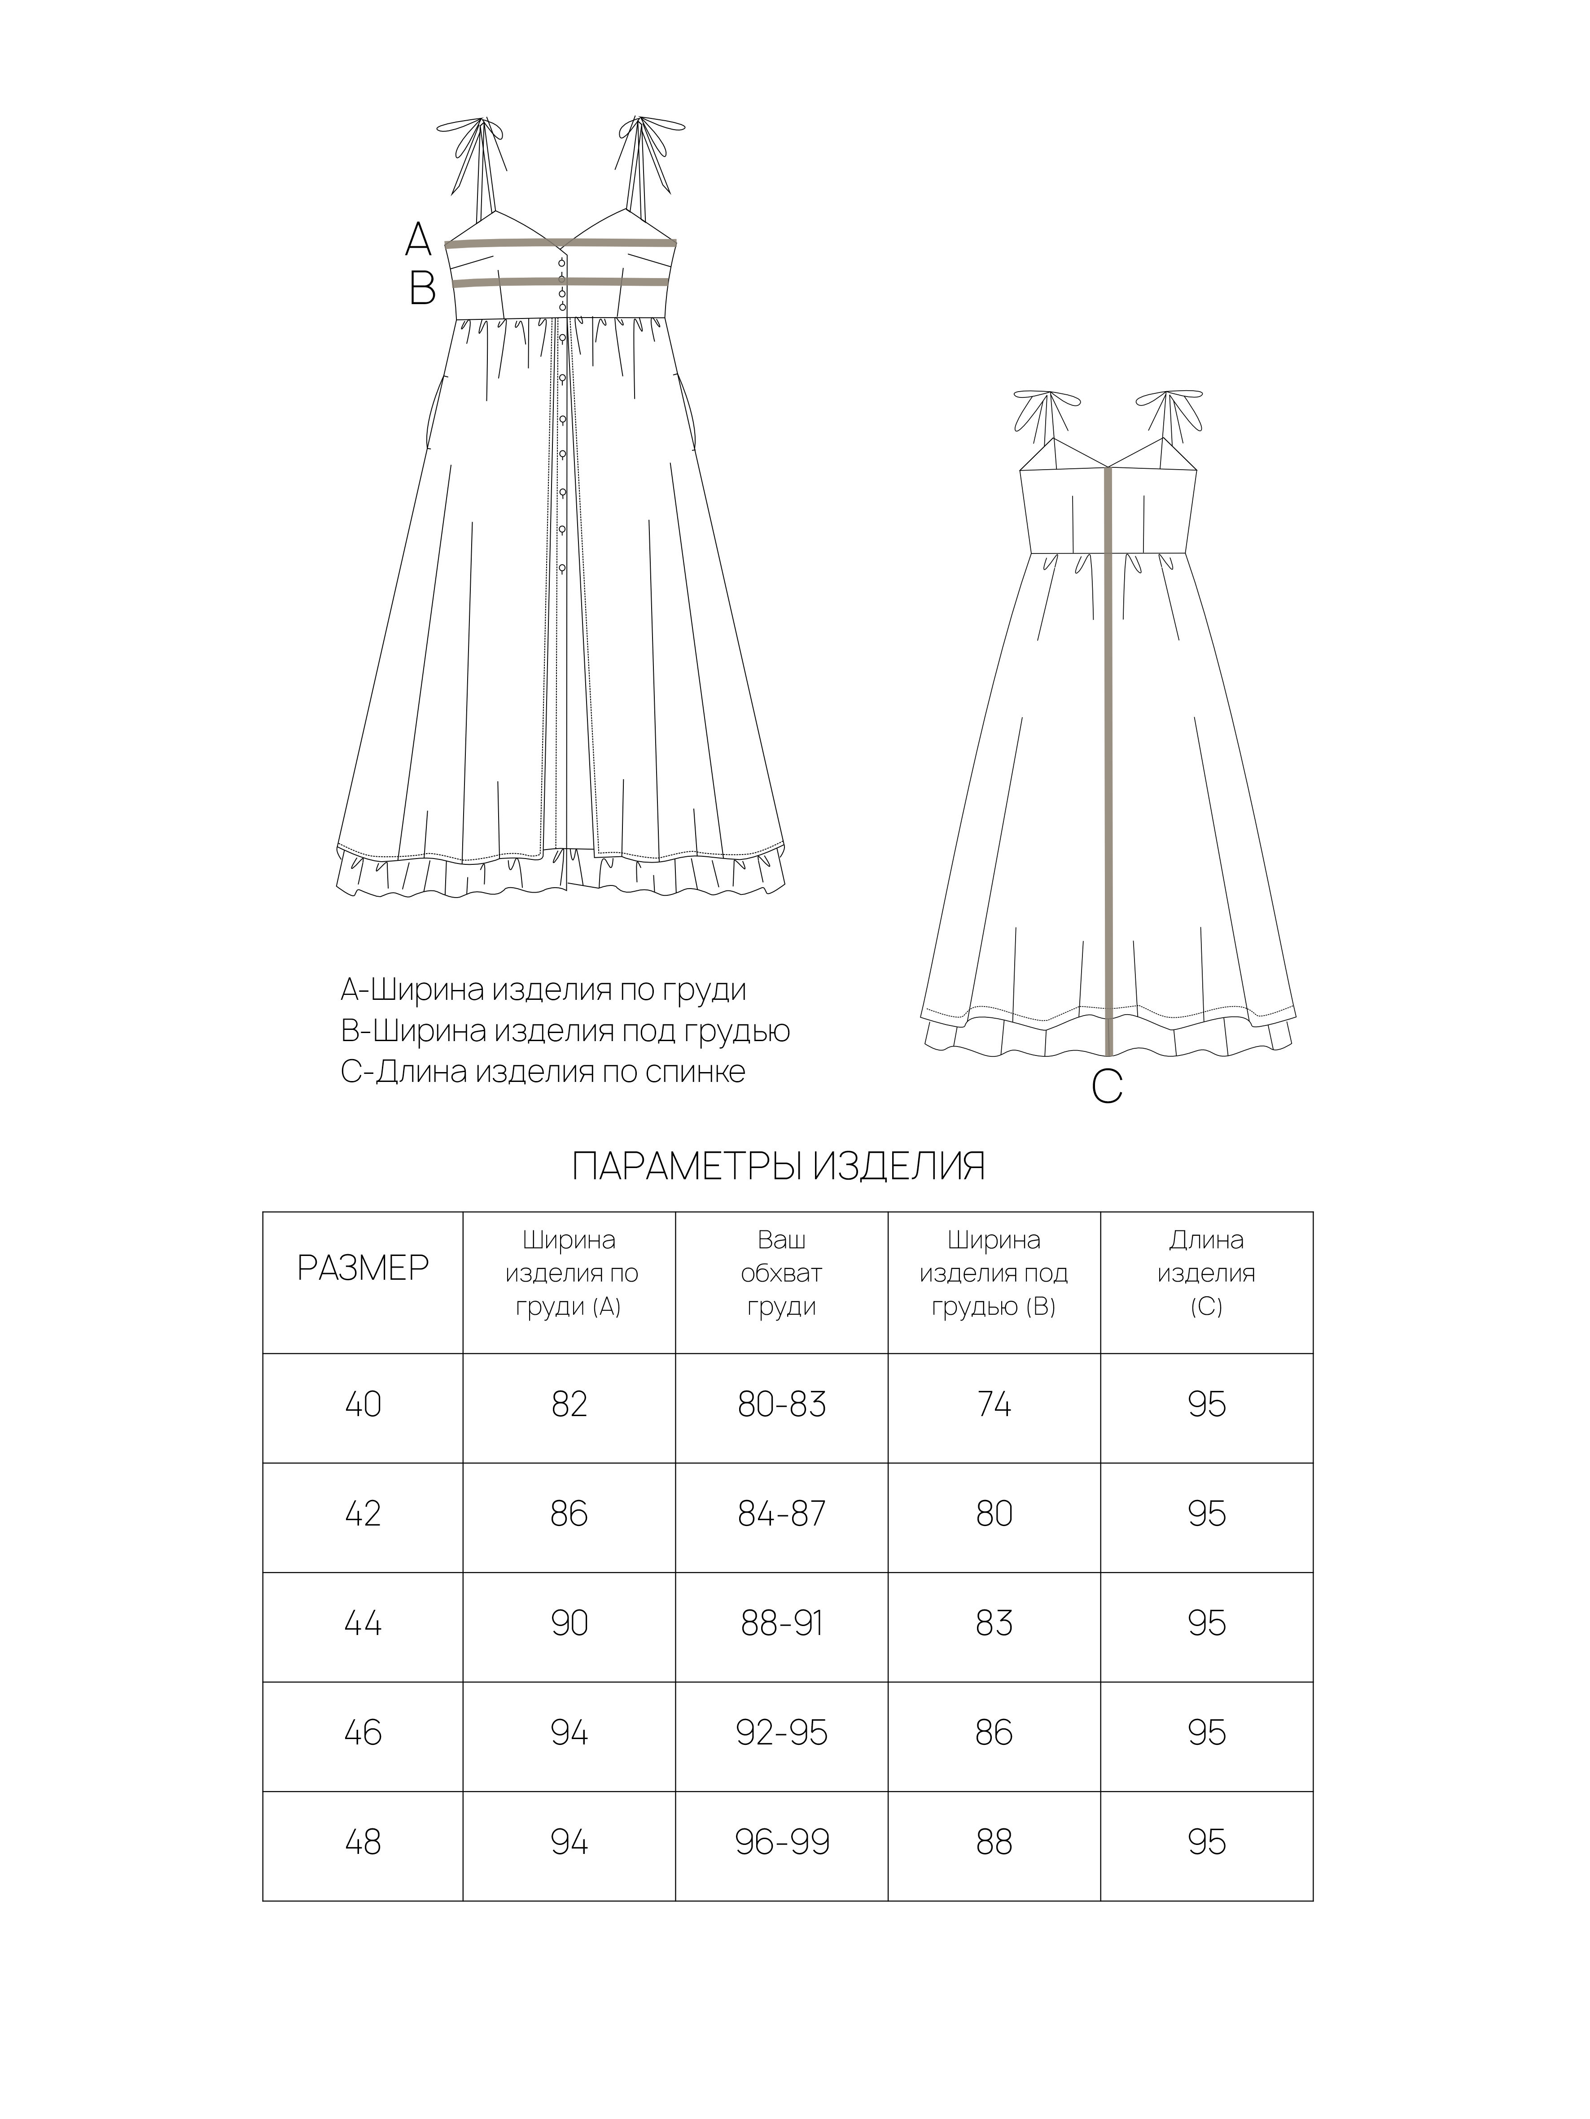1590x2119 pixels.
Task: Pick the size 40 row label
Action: click(362, 1404)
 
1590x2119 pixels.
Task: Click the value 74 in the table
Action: click(994, 1404)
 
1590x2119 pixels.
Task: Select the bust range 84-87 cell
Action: click(781, 1513)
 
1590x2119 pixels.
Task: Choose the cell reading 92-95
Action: click(781, 1732)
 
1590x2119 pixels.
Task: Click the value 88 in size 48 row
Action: click(994, 1841)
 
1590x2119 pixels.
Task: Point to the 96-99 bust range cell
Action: click(781, 1841)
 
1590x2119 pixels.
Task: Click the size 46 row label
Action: click(362, 1732)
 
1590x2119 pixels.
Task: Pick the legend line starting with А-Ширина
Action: click(543, 990)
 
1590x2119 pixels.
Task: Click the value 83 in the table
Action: click(994, 1623)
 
